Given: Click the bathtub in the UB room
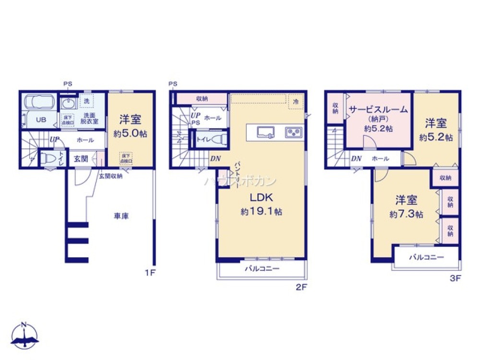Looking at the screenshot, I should tap(40, 103).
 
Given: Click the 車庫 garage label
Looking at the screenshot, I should tap(121, 216).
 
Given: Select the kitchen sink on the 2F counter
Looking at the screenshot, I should tap(265, 132).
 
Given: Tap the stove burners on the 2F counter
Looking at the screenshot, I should tap(293, 132).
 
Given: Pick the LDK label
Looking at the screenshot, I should tap(261, 197).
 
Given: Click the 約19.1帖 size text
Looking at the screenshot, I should tap(261, 212).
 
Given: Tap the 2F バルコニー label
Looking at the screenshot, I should tap(262, 269).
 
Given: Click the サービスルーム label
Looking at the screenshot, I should tap(378, 109).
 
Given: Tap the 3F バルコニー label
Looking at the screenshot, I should tap(426, 257).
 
